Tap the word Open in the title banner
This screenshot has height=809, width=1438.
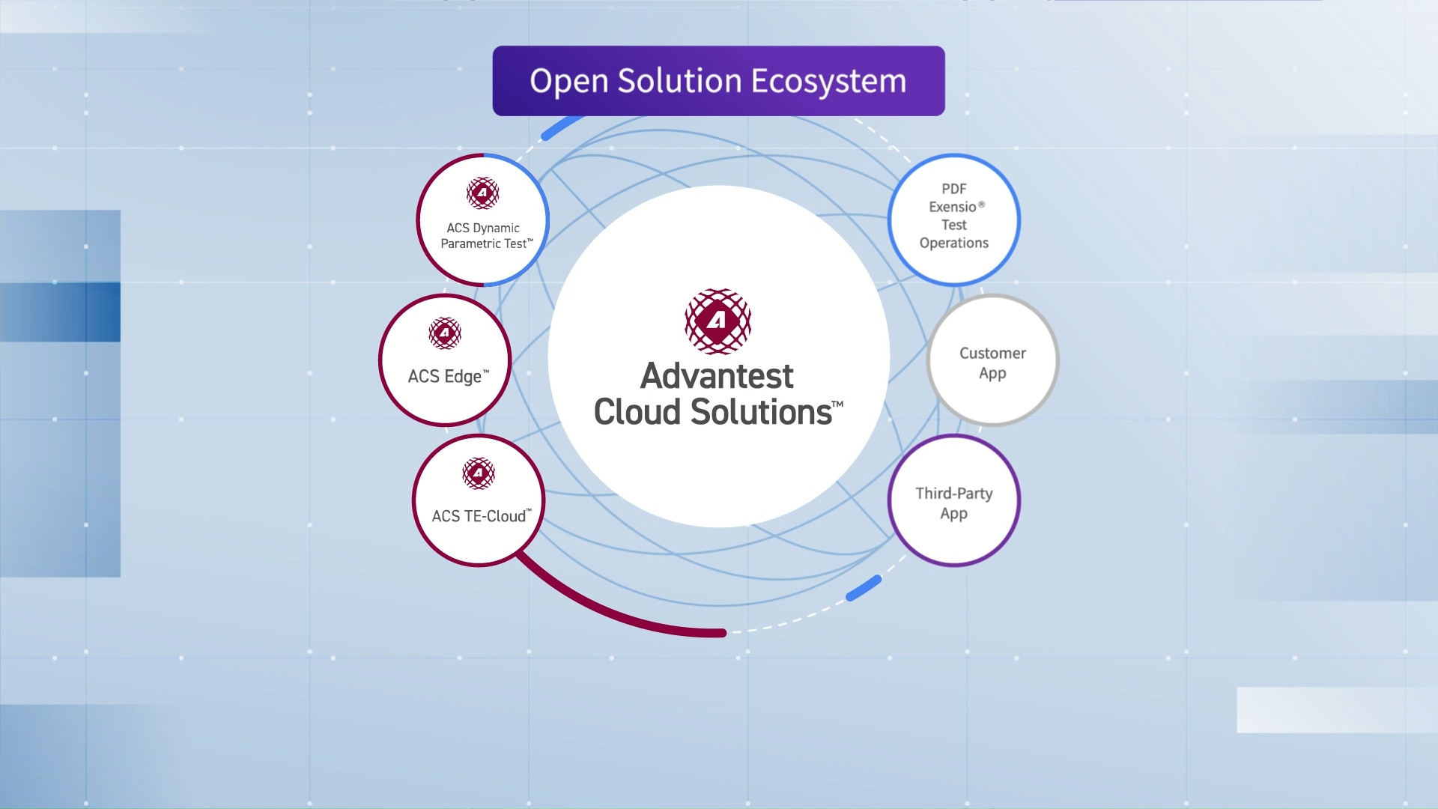point(568,82)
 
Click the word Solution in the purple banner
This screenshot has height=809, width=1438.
point(679,81)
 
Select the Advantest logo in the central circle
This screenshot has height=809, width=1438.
point(718,321)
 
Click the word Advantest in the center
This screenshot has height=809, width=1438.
point(717,376)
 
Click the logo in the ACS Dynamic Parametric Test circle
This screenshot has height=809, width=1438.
point(483,193)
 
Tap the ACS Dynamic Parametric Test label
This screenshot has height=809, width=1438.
point(486,236)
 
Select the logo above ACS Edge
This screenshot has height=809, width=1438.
point(445,333)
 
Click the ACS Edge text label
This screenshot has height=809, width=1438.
point(448,377)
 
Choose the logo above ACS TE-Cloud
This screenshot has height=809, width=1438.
point(479,473)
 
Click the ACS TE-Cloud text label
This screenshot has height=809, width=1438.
point(482,516)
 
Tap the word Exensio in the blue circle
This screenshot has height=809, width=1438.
point(953,207)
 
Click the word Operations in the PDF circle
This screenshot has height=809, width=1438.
point(954,243)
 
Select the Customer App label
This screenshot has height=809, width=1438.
point(992,363)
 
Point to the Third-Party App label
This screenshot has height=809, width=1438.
point(954,503)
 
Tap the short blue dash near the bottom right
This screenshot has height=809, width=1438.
point(864,588)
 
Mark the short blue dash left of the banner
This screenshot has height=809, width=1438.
point(562,127)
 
